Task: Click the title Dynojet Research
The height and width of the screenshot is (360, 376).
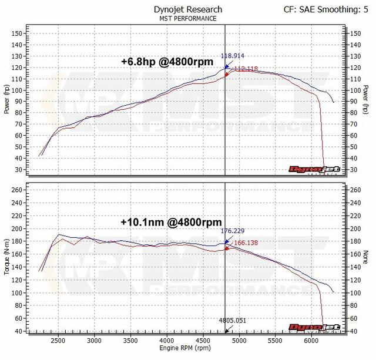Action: (188, 9)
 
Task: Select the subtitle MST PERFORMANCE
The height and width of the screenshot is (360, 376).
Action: (188, 18)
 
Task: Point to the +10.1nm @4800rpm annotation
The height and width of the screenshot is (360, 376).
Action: (171, 223)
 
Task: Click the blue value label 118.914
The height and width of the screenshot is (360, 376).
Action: (232, 56)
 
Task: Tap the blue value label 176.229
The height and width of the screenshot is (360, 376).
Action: (232, 231)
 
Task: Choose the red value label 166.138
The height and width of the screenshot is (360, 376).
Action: (246, 242)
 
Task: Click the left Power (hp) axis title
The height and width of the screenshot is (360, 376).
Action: (6, 99)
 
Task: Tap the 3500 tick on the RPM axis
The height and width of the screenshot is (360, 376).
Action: (130, 341)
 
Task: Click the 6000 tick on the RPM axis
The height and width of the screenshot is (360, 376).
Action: (312, 341)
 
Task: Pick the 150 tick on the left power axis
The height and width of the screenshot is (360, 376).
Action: (16, 33)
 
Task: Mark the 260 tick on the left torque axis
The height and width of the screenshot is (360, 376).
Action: (16, 190)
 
